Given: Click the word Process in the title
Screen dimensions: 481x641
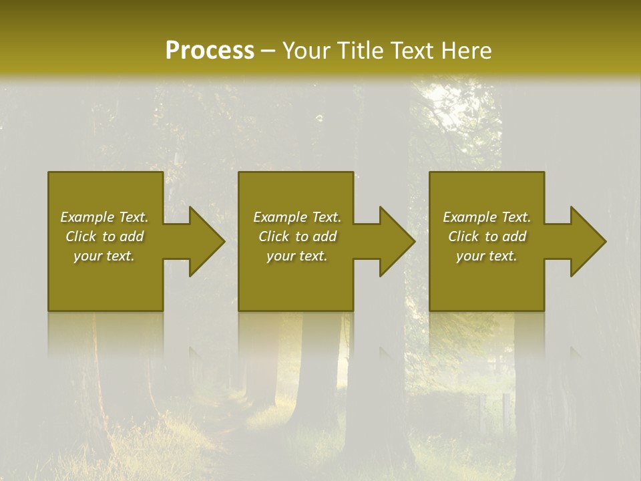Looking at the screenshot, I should pos(210,51).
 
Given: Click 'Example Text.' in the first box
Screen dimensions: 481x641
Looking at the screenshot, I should pos(104,217).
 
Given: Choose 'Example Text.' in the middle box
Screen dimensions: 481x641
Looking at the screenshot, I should pos(297,217).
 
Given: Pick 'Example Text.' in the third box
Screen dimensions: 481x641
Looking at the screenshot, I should pos(487,217).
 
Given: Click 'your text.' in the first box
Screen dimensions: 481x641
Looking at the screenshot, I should pos(104,256).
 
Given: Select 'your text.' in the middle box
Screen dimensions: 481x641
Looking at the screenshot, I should pos(297,256).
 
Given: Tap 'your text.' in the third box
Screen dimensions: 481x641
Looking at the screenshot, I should pos(487,256).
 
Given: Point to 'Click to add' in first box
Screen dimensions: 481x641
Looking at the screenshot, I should pos(104,236).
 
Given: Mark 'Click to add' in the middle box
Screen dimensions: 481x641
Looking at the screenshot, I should pos(297,236).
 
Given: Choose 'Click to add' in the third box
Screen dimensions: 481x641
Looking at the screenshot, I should pos(487,236).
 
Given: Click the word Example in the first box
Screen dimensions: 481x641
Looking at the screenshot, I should pos(87,217).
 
